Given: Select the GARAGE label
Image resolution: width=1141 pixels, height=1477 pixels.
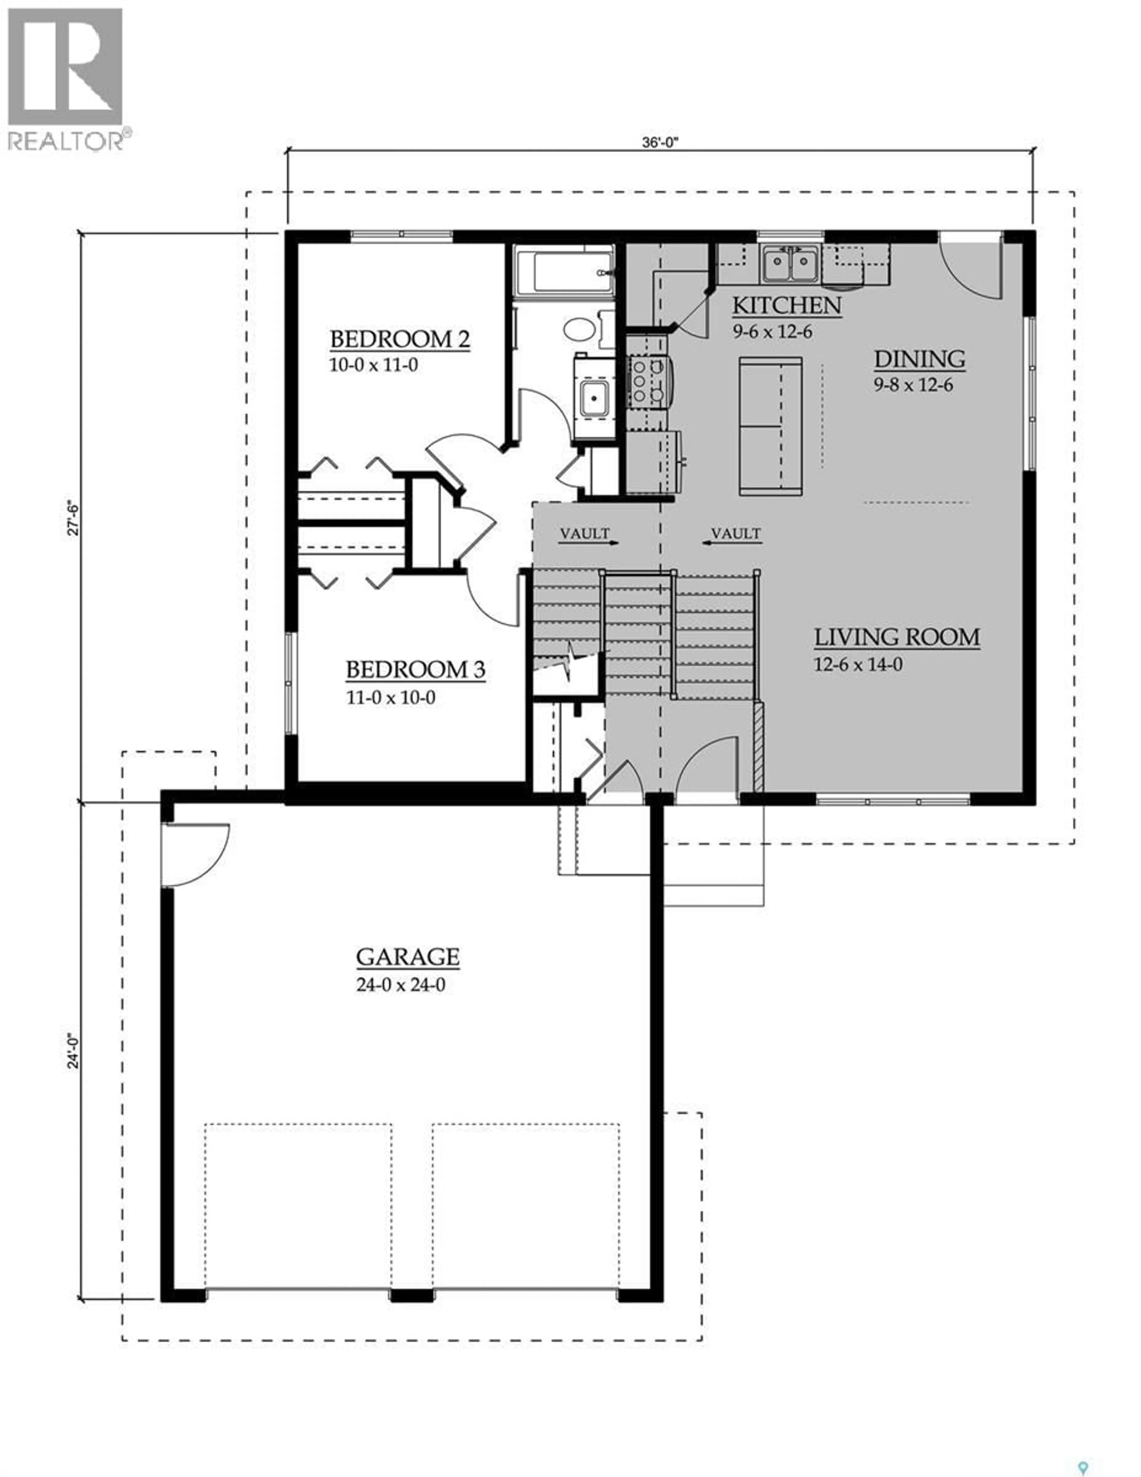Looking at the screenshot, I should point(408,957).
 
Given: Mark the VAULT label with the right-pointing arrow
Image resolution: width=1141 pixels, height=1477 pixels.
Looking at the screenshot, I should point(586,534).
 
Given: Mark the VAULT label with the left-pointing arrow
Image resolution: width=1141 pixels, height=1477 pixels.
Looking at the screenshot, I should point(735,534).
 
